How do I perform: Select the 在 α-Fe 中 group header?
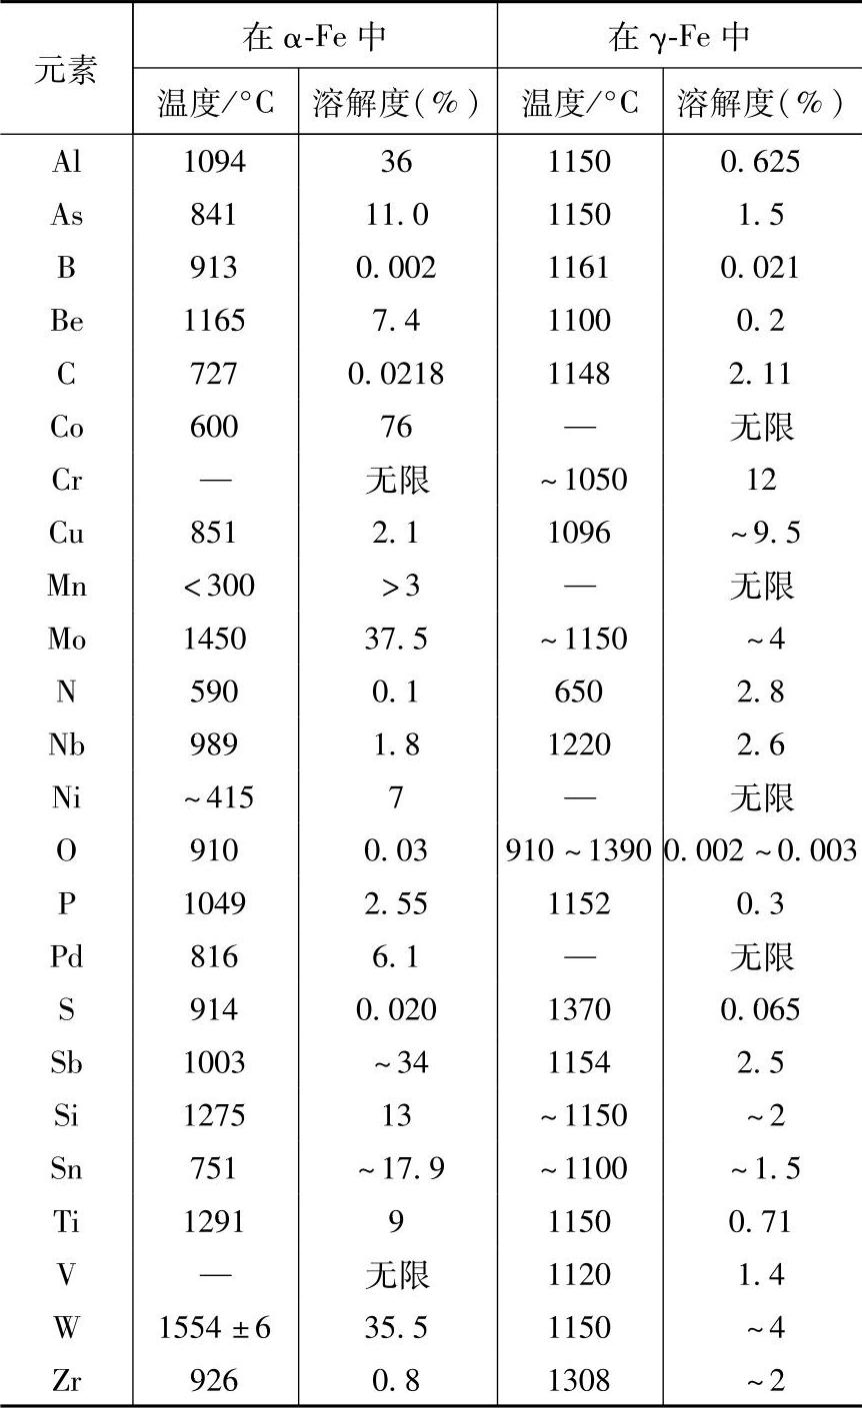(314, 38)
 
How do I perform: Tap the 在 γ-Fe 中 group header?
(679, 38)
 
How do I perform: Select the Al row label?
(66, 162)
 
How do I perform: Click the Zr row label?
(66, 1380)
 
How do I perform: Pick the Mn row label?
(66, 586)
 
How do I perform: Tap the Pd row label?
(66, 956)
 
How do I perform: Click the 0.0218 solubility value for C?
(396, 374)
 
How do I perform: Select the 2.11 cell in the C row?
(761, 374)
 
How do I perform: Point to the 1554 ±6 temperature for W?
(215, 1327)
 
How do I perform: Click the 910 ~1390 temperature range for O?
(579, 850)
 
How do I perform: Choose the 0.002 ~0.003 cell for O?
(761, 850)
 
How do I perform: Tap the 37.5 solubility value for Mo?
(396, 639)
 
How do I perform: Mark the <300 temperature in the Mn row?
(215, 586)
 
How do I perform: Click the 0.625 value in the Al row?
(761, 162)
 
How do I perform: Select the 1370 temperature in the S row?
(579, 1009)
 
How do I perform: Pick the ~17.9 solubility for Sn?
(396, 1168)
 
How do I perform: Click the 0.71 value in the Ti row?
(761, 1221)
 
